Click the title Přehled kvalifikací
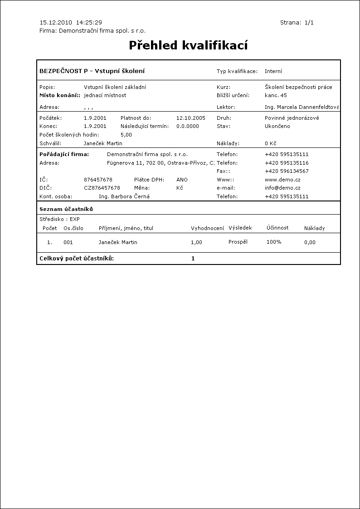pyautogui.click(x=188, y=45)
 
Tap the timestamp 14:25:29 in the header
pyautogui.click(x=89, y=22)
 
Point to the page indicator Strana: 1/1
pyautogui.click(x=297, y=22)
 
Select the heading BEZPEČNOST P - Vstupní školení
pyautogui.click(x=92, y=71)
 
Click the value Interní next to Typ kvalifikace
pyautogui.click(x=273, y=71)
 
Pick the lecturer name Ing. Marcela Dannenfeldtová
pyautogui.click(x=302, y=107)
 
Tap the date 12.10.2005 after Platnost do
pyautogui.click(x=190, y=118)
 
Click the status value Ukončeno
pyautogui.click(x=277, y=126)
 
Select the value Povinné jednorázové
pyautogui.click(x=292, y=118)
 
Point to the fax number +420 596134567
pyautogui.click(x=287, y=171)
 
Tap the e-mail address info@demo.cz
pyautogui.click(x=282, y=188)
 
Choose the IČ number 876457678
pyautogui.click(x=98, y=180)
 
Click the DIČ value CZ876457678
pyautogui.click(x=102, y=188)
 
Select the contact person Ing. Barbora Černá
pyautogui.click(x=124, y=196)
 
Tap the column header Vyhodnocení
pyautogui.click(x=207, y=228)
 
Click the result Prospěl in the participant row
pyautogui.click(x=238, y=242)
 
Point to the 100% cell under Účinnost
pyautogui.click(x=274, y=242)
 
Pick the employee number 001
pyautogui.click(x=68, y=242)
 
